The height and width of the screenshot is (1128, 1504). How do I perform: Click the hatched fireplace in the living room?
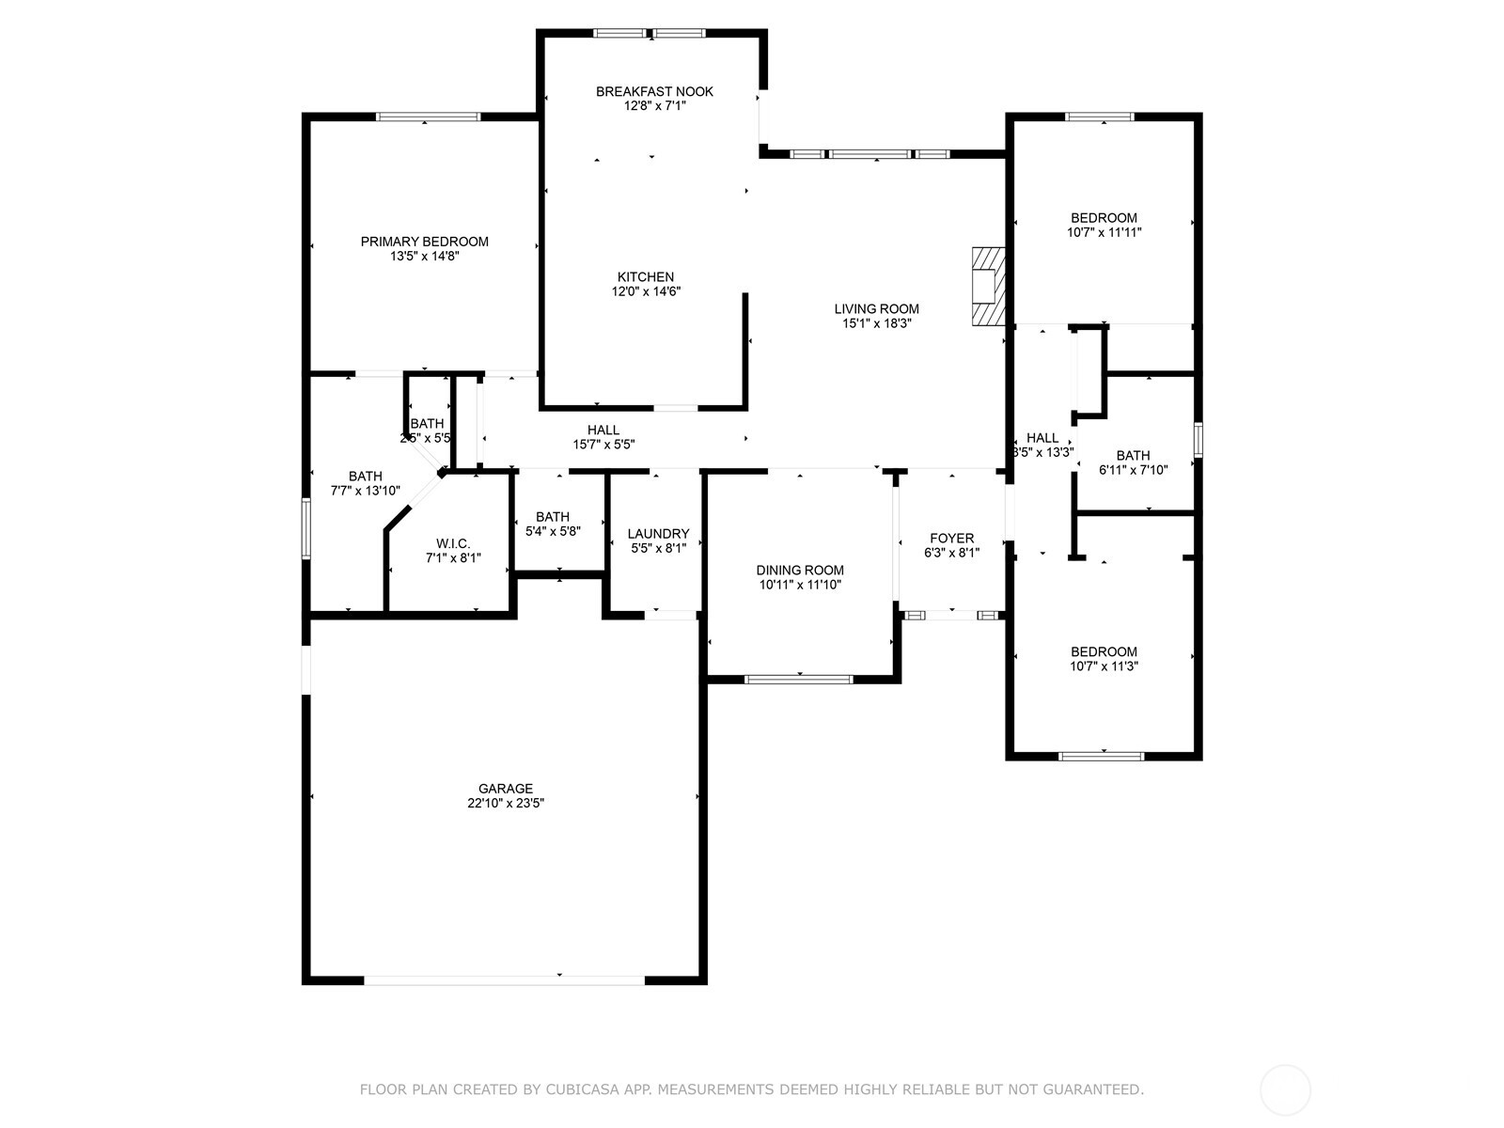tap(988, 287)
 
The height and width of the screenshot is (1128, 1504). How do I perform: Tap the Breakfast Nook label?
tap(654, 91)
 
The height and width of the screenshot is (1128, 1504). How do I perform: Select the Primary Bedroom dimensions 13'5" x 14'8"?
tap(424, 256)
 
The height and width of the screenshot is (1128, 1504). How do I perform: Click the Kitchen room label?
tap(645, 276)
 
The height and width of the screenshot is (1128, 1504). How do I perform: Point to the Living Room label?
tap(876, 308)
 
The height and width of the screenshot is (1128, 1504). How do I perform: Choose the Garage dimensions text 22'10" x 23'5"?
tap(506, 804)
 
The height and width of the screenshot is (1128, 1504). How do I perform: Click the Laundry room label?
tap(658, 533)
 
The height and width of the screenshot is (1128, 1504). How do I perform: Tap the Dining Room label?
tap(800, 570)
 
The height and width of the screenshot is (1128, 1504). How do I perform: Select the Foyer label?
tap(951, 538)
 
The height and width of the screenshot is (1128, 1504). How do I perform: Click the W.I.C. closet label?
tap(453, 543)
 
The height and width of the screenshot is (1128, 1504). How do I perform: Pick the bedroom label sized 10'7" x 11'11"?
tap(1104, 217)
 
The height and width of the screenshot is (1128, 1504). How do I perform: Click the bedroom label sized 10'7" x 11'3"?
tap(1104, 651)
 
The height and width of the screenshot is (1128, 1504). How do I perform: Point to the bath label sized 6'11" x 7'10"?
tap(1133, 455)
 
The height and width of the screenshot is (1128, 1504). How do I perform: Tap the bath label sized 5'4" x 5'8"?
tap(553, 516)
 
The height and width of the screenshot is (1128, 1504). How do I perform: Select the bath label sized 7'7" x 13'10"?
tap(365, 476)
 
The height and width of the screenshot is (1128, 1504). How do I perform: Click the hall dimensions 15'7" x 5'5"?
tap(604, 445)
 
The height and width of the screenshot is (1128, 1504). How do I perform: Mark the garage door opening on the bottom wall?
tap(504, 979)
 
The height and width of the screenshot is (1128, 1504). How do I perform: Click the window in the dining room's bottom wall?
tap(798, 679)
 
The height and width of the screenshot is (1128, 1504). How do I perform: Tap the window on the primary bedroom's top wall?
tap(428, 117)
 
